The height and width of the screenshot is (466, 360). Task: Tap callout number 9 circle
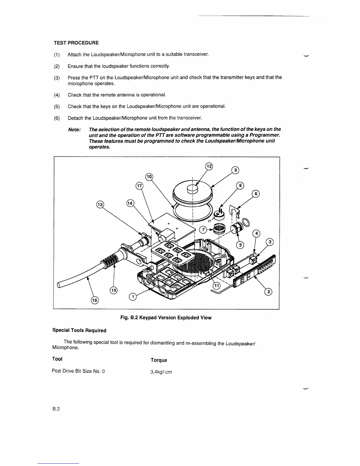click(x=235, y=170)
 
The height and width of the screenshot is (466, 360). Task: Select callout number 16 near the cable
click(x=95, y=300)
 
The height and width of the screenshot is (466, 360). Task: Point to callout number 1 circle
click(x=133, y=297)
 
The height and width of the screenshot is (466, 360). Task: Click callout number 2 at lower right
click(x=268, y=292)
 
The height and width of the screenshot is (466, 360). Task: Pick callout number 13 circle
click(x=100, y=204)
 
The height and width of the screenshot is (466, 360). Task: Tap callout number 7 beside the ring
click(x=203, y=230)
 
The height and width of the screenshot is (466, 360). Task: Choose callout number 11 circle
click(x=217, y=286)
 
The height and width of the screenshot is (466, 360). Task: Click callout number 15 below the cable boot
click(x=114, y=290)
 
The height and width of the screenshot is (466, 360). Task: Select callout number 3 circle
click(x=269, y=242)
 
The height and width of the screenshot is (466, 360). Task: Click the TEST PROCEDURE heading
click(x=76, y=43)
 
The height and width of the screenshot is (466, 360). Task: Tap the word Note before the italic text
click(x=74, y=130)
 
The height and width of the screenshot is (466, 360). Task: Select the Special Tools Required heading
click(x=79, y=330)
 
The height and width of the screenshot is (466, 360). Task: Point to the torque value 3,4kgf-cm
click(x=161, y=372)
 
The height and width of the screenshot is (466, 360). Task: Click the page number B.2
click(x=56, y=409)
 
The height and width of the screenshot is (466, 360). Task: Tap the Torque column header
click(x=159, y=360)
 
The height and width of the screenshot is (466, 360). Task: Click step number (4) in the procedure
click(x=57, y=95)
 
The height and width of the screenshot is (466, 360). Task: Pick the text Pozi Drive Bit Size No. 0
click(x=78, y=371)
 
